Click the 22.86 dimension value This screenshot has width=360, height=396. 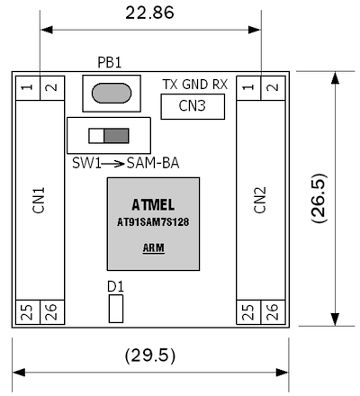pyautogui.click(x=149, y=13)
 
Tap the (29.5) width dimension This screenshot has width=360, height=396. pyautogui.click(x=150, y=355)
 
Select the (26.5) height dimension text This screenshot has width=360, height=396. pyautogui.click(x=319, y=198)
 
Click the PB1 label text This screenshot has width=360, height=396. pyautogui.click(x=110, y=63)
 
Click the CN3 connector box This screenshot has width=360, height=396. pyautogui.click(x=193, y=106)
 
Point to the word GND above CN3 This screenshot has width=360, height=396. pyautogui.click(x=195, y=85)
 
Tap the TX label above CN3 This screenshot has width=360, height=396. pyautogui.click(x=170, y=85)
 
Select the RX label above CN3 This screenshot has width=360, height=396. pyautogui.click(x=220, y=85)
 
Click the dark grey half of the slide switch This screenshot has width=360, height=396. pyautogui.click(x=116, y=136)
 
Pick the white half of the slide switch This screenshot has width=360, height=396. pyautogui.click(x=96, y=136)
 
